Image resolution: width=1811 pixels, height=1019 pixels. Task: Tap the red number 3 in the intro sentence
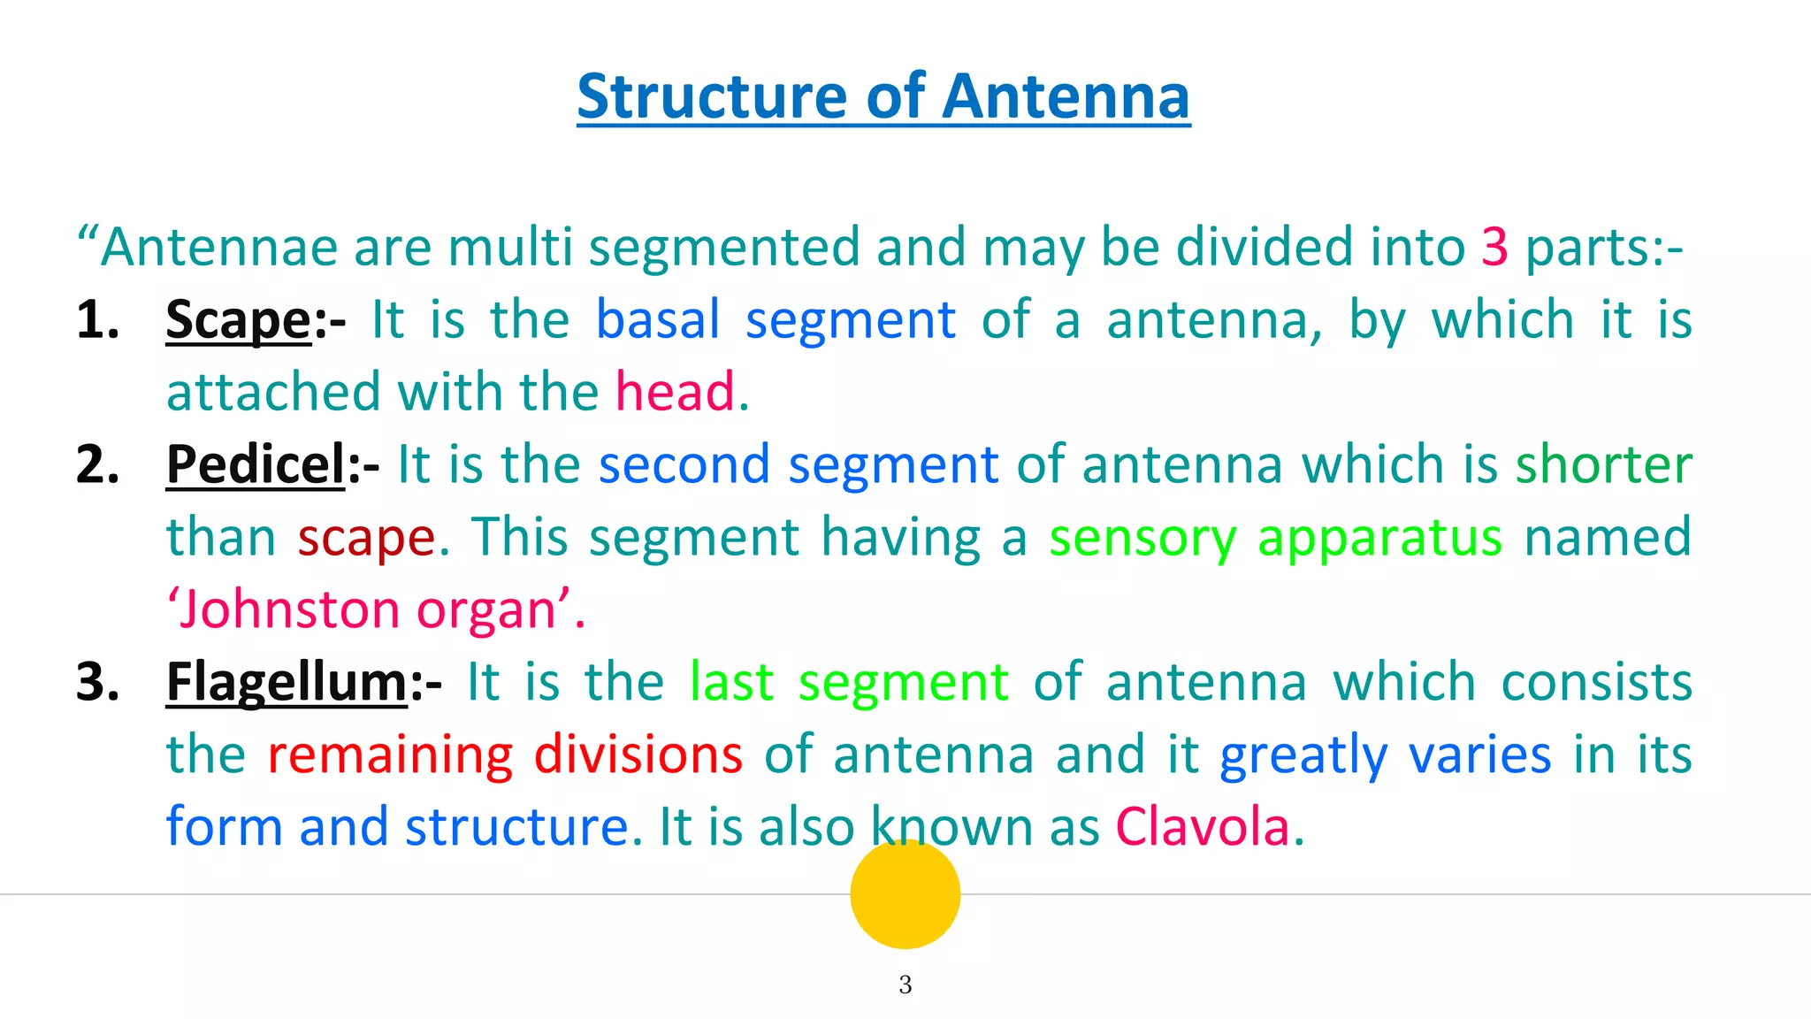pyautogui.click(x=1494, y=247)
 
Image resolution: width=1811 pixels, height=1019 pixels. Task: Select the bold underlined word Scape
pyautogui.click(x=238, y=319)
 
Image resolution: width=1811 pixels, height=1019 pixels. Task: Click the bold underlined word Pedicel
pyautogui.click(x=256, y=464)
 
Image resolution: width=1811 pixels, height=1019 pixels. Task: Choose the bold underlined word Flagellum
pyautogui.click(x=287, y=682)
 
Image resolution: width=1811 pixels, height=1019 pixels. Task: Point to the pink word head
pyautogui.click(x=675, y=392)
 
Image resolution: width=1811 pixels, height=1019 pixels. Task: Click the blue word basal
pyautogui.click(x=658, y=319)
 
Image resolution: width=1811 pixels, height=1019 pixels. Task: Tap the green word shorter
pyautogui.click(x=1603, y=464)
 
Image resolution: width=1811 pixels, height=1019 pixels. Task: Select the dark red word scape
pyautogui.click(x=366, y=538)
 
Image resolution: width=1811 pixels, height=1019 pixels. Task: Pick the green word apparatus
pyautogui.click(x=1379, y=538)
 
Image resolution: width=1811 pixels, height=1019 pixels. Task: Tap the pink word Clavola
pyautogui.click(x=1203, y=827)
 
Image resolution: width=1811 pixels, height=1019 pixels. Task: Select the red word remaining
pyautogui.click(x=389, y=755)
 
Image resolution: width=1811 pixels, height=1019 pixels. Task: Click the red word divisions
pyautogui.click(x=638, y=755)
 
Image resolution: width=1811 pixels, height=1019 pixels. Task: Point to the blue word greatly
pyautogui.click(x=1303, y=755)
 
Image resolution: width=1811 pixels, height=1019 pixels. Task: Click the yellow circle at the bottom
pyautogui.click(x=905, y=893)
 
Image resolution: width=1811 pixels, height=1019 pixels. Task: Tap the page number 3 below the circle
pyautogui.click(x=905, y=985)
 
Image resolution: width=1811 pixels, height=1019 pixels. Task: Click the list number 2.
pyautogui.click(x=97, y=464)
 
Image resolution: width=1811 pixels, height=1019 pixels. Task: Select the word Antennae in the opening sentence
pyautogui.click(x=218, y=247)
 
